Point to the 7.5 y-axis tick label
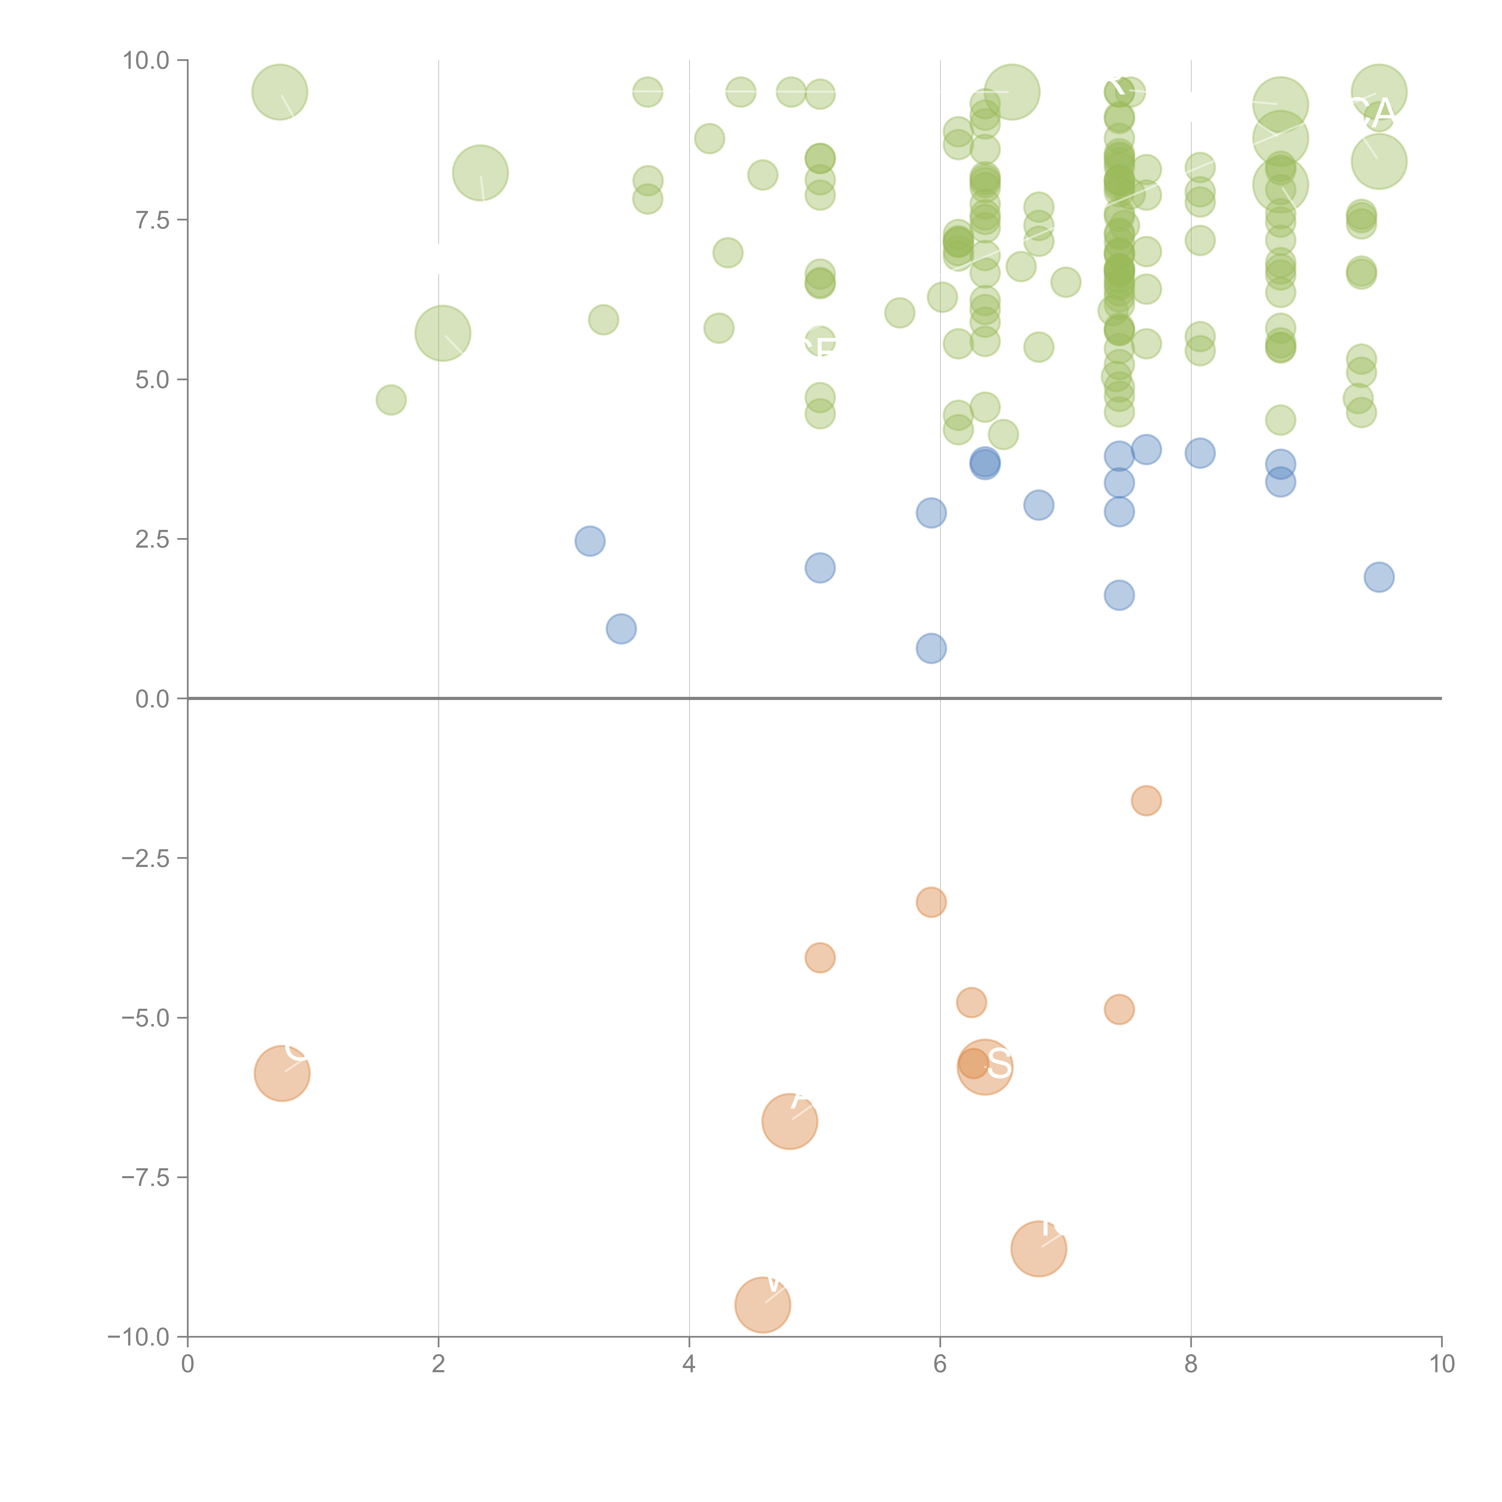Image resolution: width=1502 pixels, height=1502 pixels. [x=152, y=220]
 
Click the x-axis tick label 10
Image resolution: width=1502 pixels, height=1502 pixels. [x=1441, y=1364]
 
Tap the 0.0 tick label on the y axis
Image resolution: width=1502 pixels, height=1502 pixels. [x=152, y=699]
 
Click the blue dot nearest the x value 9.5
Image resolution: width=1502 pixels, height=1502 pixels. [x=1379, y=577]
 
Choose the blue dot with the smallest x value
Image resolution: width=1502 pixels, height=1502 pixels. [x=590, y=541]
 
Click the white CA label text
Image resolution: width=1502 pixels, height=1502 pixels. [x=1375, y=114]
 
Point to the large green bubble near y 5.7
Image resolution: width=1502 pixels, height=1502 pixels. [x=442, y=333]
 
